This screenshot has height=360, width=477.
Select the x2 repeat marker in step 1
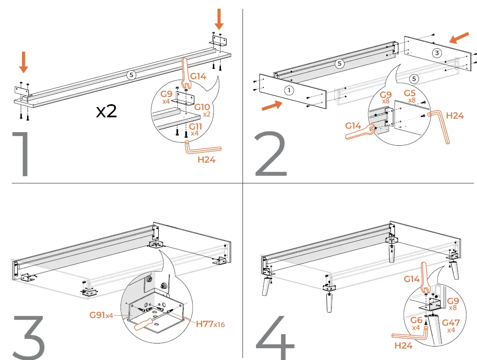tap(106, 111)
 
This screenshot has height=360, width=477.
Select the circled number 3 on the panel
tap(437, 53)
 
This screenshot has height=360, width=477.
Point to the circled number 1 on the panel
tap(288, 90)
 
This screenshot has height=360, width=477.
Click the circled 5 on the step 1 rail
tap(131, 75)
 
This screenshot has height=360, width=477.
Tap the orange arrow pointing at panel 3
tap(460, 37)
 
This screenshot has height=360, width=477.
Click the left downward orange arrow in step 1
tap(24, 62)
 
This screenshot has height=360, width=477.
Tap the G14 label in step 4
tap(412, 279)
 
